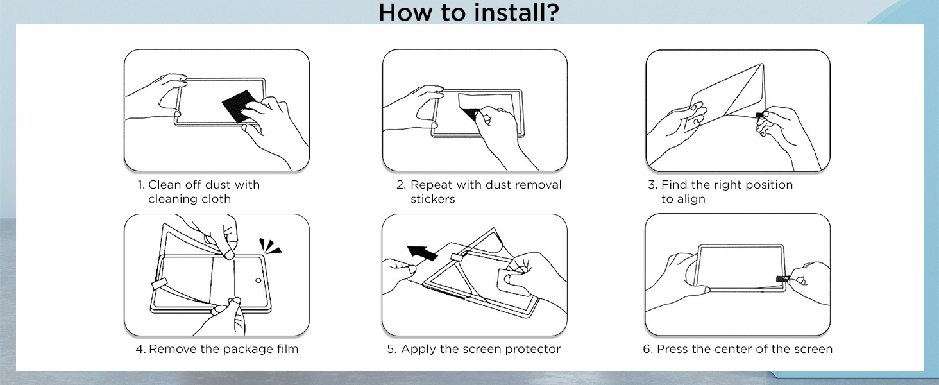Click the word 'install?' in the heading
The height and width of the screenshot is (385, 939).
coord(517,12)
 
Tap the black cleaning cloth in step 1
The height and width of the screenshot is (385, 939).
coord(238,105)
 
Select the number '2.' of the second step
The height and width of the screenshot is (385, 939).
coord(401,185)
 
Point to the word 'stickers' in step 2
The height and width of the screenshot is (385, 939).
coord(432,199)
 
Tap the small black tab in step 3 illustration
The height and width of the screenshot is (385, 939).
coord(759,115)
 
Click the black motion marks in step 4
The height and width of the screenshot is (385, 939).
coord(269,246)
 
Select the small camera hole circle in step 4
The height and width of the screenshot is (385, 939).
coord(258,280)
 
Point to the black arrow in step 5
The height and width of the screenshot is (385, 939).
coord(421,252)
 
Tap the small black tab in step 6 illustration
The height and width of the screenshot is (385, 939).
coord(782,279)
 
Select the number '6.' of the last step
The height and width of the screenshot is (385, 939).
coord(648,349)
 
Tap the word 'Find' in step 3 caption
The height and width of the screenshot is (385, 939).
coord(674,185)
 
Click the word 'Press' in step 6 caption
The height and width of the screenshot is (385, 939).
coord(672,349)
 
